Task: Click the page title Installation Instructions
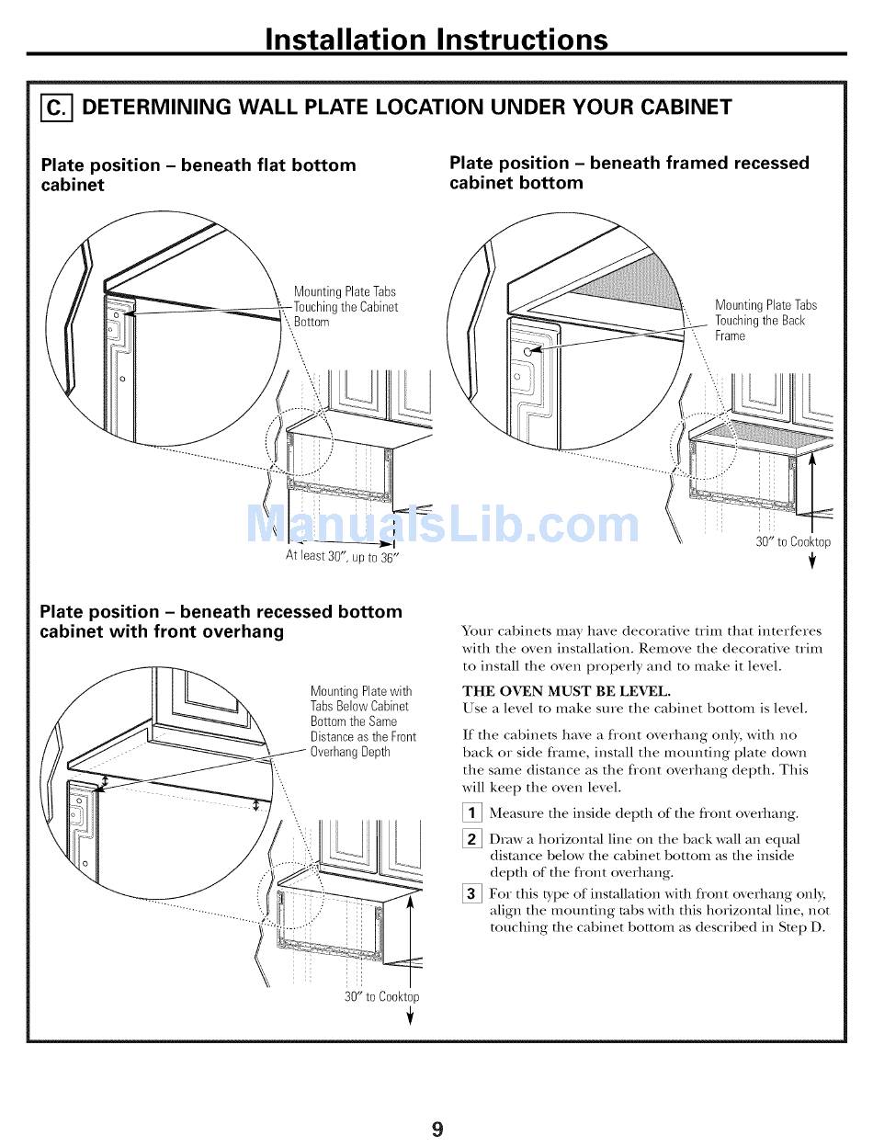tap(436, 39)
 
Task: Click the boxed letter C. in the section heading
tap(56, 108)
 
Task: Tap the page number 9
tap(436, 1128)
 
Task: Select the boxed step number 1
tap(471, 812)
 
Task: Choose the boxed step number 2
tap(471, 838)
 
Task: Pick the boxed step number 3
tap(471, 893)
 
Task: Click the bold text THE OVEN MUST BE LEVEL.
tap(566, 691)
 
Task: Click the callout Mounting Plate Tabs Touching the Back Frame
tap(765, 320)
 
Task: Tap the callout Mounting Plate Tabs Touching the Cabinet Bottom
tap(346, 307)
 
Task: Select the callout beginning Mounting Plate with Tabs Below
tap(363, 721)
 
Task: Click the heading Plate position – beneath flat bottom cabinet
tap(198, 175)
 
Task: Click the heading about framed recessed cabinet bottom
tap(629, 173)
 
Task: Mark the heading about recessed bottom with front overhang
tap(221, 621)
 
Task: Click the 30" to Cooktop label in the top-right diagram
tap(792, 542)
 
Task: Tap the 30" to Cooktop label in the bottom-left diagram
tap(381, 996)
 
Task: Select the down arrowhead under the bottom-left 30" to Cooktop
tap(410, 1017)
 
